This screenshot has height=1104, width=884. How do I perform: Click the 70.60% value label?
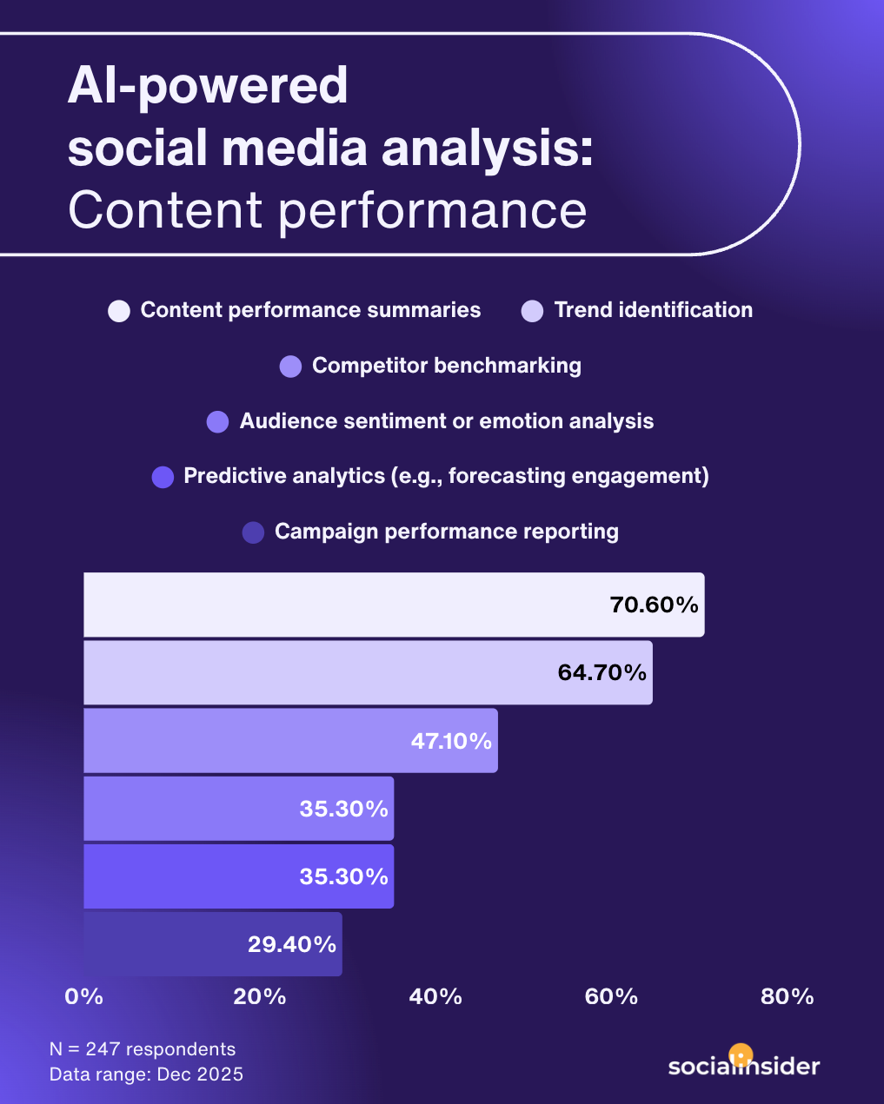point(654,605)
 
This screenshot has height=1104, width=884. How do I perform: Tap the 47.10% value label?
point(451,741)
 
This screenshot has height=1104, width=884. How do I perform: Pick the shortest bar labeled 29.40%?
point(212,944)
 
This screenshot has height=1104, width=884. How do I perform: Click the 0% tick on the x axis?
point(84,996)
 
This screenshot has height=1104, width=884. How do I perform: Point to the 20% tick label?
point(260,996)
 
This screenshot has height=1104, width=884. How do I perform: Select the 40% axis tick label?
point(435,996)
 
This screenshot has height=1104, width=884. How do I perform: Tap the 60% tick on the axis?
point(611,996)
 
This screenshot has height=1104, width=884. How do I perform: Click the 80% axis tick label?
point(787,996)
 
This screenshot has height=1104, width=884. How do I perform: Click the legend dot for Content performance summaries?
point(119,311)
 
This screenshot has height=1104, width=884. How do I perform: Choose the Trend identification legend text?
point(653,310)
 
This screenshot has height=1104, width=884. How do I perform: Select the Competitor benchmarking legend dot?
point(290,367)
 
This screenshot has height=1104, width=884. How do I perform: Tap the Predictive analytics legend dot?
point(163,477)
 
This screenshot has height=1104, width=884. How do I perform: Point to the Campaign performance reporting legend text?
point(446,532)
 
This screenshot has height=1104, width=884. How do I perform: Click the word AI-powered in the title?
point(208,86)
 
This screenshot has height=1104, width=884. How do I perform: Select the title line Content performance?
point(327,210)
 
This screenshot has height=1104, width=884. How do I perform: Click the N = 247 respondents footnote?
point(143,1049)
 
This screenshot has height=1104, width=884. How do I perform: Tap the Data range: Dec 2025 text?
point(146,1074)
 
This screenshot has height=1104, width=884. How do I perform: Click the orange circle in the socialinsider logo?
point(740,1054)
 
